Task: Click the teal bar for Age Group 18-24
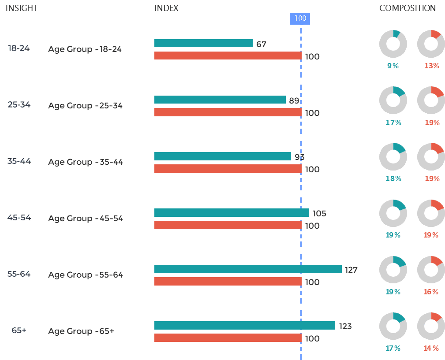(203, 43)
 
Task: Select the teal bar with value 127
(248, 269)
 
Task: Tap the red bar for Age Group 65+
(228, 338)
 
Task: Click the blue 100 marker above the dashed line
(300, 19)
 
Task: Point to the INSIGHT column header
(22, 8)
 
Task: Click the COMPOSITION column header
(407, 8)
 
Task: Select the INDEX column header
(166, 8)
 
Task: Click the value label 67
(261, 44)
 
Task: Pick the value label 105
(319, 214)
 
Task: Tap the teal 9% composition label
(393, 66)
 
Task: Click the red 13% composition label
(432, 66)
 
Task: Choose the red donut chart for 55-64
(431, 270)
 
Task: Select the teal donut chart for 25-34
(393, 100)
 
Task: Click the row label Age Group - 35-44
(86, 162)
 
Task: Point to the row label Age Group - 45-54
(86, 219)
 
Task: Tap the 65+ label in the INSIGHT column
(19, 330)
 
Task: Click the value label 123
(345, 327)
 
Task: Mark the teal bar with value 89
(220, 100)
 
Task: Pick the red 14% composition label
(431, 348)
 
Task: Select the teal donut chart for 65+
(393, 326)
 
